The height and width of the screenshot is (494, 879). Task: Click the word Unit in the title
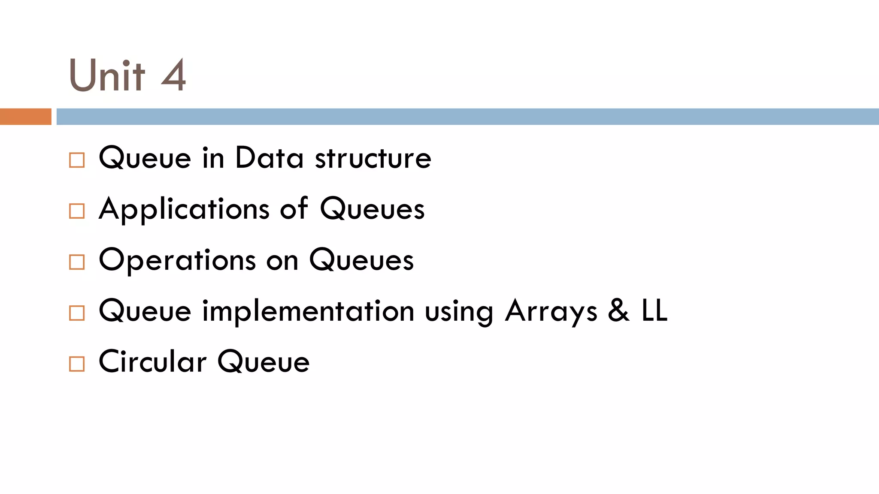click(107, 75)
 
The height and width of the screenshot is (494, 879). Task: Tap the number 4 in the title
click(174, 75)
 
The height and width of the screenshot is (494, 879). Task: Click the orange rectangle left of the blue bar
click(25, 117)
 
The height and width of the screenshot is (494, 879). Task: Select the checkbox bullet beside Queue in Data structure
click(77, 160)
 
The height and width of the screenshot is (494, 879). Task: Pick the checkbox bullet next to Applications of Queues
click(77, 211)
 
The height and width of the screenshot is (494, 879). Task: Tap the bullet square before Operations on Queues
click(77, 262)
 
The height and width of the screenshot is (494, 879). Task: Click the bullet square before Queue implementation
click(77, 313)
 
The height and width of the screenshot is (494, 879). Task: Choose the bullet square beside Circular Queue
click(77, 364)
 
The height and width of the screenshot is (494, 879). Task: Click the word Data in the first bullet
click(269, 158)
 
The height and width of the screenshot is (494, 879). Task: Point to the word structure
click(373, 158)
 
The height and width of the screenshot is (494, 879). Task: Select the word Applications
click(184, 210)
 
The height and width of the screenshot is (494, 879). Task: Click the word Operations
click(177, 260)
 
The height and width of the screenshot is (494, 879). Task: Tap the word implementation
click(308, 311)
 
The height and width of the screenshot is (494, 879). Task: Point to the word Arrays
click(551, 312)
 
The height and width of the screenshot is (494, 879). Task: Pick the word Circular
click(153, 361)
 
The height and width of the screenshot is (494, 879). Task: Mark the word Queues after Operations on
click(361, 260)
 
